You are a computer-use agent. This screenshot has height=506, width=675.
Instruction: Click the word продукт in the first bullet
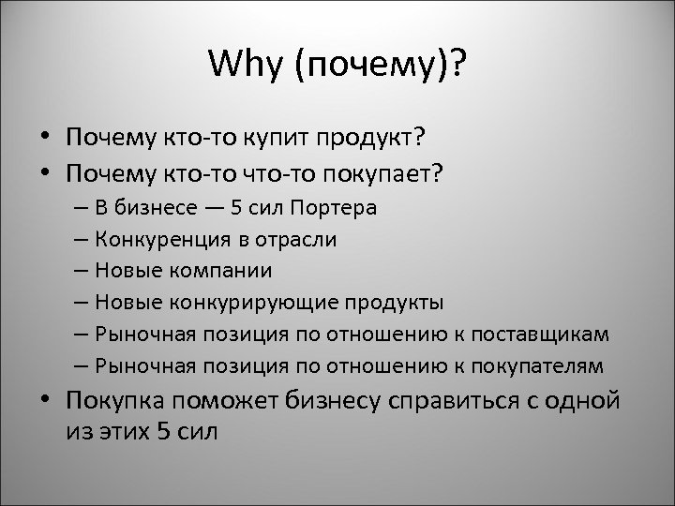tap(373, 138)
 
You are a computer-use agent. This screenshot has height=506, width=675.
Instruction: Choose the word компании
tap(221, 271)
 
